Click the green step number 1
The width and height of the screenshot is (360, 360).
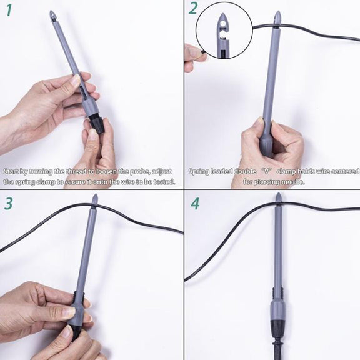point(9,11)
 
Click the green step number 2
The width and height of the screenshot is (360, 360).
point(193,9)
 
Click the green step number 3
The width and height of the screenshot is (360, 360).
point(9,203)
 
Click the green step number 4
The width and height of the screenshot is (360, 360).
point(195,203)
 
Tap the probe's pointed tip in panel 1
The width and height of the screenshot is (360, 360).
point(51,11)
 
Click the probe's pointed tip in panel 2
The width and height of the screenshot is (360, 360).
point(277,11)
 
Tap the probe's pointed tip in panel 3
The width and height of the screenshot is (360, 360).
point(95,195)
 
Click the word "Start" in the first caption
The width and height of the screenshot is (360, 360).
point(11,171)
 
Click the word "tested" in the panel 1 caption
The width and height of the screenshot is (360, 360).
point(164,182)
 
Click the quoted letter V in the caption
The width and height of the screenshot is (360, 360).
point(266,171)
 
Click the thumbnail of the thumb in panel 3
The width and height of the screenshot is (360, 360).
point(69,312)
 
